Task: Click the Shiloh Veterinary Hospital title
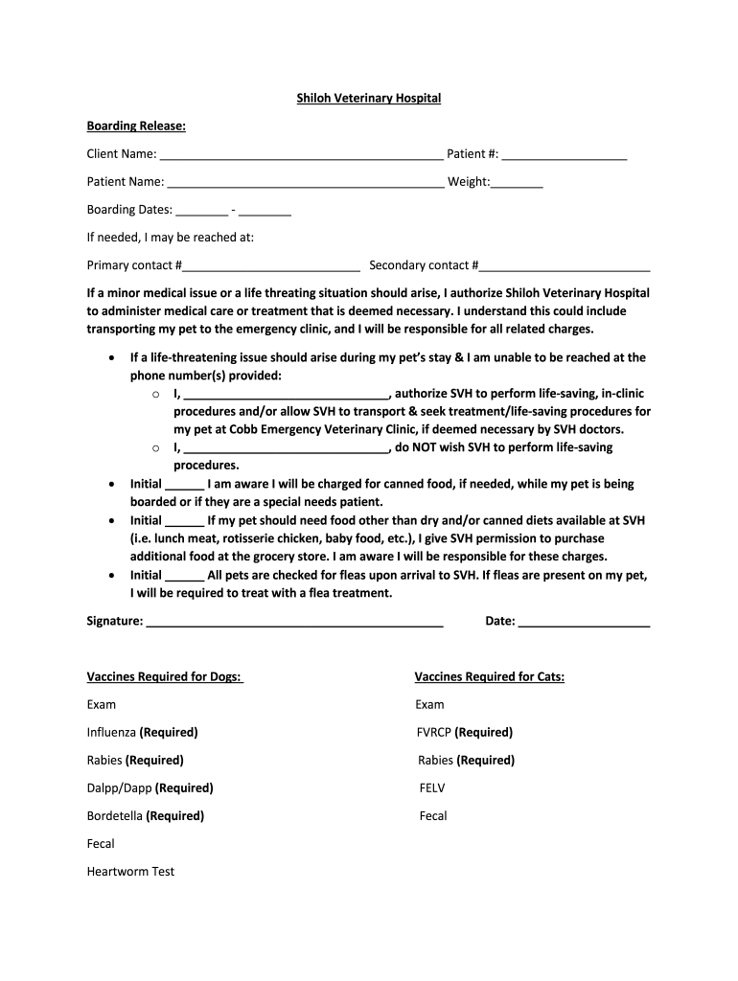[x=368, y=98]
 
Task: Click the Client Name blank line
[x=301, y=155]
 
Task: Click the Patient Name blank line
[x=305, y=183]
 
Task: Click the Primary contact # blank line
[x=271, y=266]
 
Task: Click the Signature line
[x=294, y=623]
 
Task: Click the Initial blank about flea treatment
[x=185, y=577]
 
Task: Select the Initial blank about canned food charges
[x=185, y=486]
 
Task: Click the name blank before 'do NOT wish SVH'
[x=285, y=448]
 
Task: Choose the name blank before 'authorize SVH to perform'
[x=285, y=394]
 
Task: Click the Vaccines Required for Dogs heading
[x=165, y=676]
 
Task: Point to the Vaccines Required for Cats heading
[x=489, y=676]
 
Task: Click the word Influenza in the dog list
[x=111, y=732]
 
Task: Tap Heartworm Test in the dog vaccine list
[x=130, y=871]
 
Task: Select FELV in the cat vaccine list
[x=432, y=787]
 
